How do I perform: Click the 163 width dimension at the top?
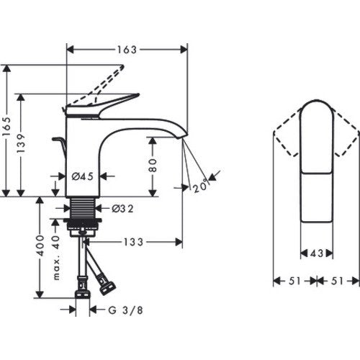(x=127, y=50)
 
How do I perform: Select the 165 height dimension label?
(x=6, y=127)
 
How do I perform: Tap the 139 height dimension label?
(x=21, y=143)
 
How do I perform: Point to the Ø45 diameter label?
(x=82, y=176)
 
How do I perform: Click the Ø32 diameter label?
(x=122, y=209)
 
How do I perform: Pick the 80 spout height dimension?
(x=153, y=166)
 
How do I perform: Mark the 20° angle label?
(x=200, y=185)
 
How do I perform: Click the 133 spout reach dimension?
(x=133, y=242)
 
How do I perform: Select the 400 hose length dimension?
(x=40, y=246)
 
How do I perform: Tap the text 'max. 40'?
(x=56, y=258)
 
